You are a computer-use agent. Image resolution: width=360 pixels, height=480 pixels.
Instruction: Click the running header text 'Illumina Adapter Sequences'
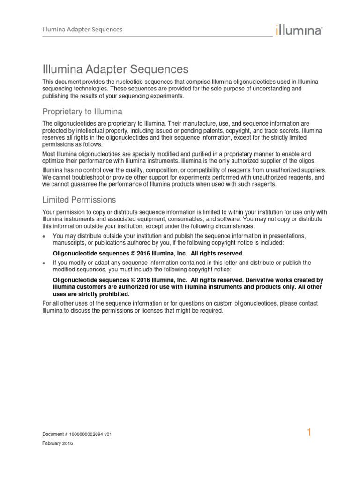(x=82, y=29)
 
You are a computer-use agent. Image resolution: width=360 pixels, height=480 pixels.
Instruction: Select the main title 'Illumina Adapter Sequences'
(x=115, y=69)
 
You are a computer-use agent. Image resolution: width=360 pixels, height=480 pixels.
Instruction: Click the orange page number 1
(x=309, y=433)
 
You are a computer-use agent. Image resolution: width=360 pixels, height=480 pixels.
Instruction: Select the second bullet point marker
(x=45, y=263)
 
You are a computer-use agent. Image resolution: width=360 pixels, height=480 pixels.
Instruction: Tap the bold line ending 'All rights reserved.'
(x=148, y=254)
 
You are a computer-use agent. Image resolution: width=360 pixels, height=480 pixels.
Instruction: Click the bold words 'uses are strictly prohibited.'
(x=91, y=294)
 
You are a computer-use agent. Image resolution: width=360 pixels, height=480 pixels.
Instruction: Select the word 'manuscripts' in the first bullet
(x=69, y=243)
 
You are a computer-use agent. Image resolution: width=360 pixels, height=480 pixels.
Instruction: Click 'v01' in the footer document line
(x=107, y=435)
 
